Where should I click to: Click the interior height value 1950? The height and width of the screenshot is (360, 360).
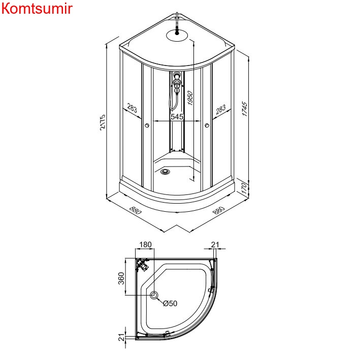(x=190, y=99)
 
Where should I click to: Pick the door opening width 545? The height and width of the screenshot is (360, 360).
(x=177, y=117)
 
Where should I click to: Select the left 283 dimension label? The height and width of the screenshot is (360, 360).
(x=132, y=108)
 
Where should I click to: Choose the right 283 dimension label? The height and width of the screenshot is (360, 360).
(x=220, y=109)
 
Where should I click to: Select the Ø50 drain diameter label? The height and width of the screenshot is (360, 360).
(x=170, y=304)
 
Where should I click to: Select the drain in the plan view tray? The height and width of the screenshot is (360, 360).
(x=154, y=295)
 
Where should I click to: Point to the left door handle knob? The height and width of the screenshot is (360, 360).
(x=147, y=125)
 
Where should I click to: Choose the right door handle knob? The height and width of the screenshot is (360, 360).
(x=207, y=126)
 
